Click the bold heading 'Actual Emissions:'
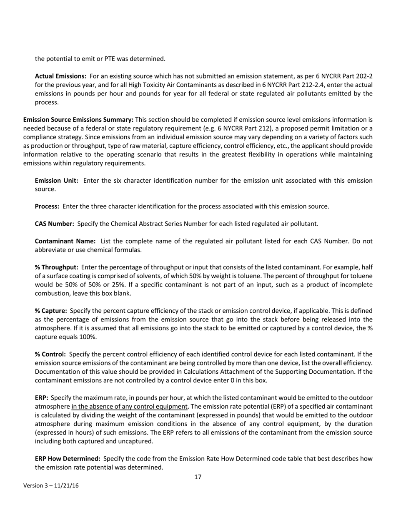tap(60, 76)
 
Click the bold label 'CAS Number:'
tap(55, 224)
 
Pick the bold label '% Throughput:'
tap(57, 267)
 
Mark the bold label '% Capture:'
tap(51, 311)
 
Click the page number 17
tap(198, 477)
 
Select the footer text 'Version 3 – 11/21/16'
tap(51, 486)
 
